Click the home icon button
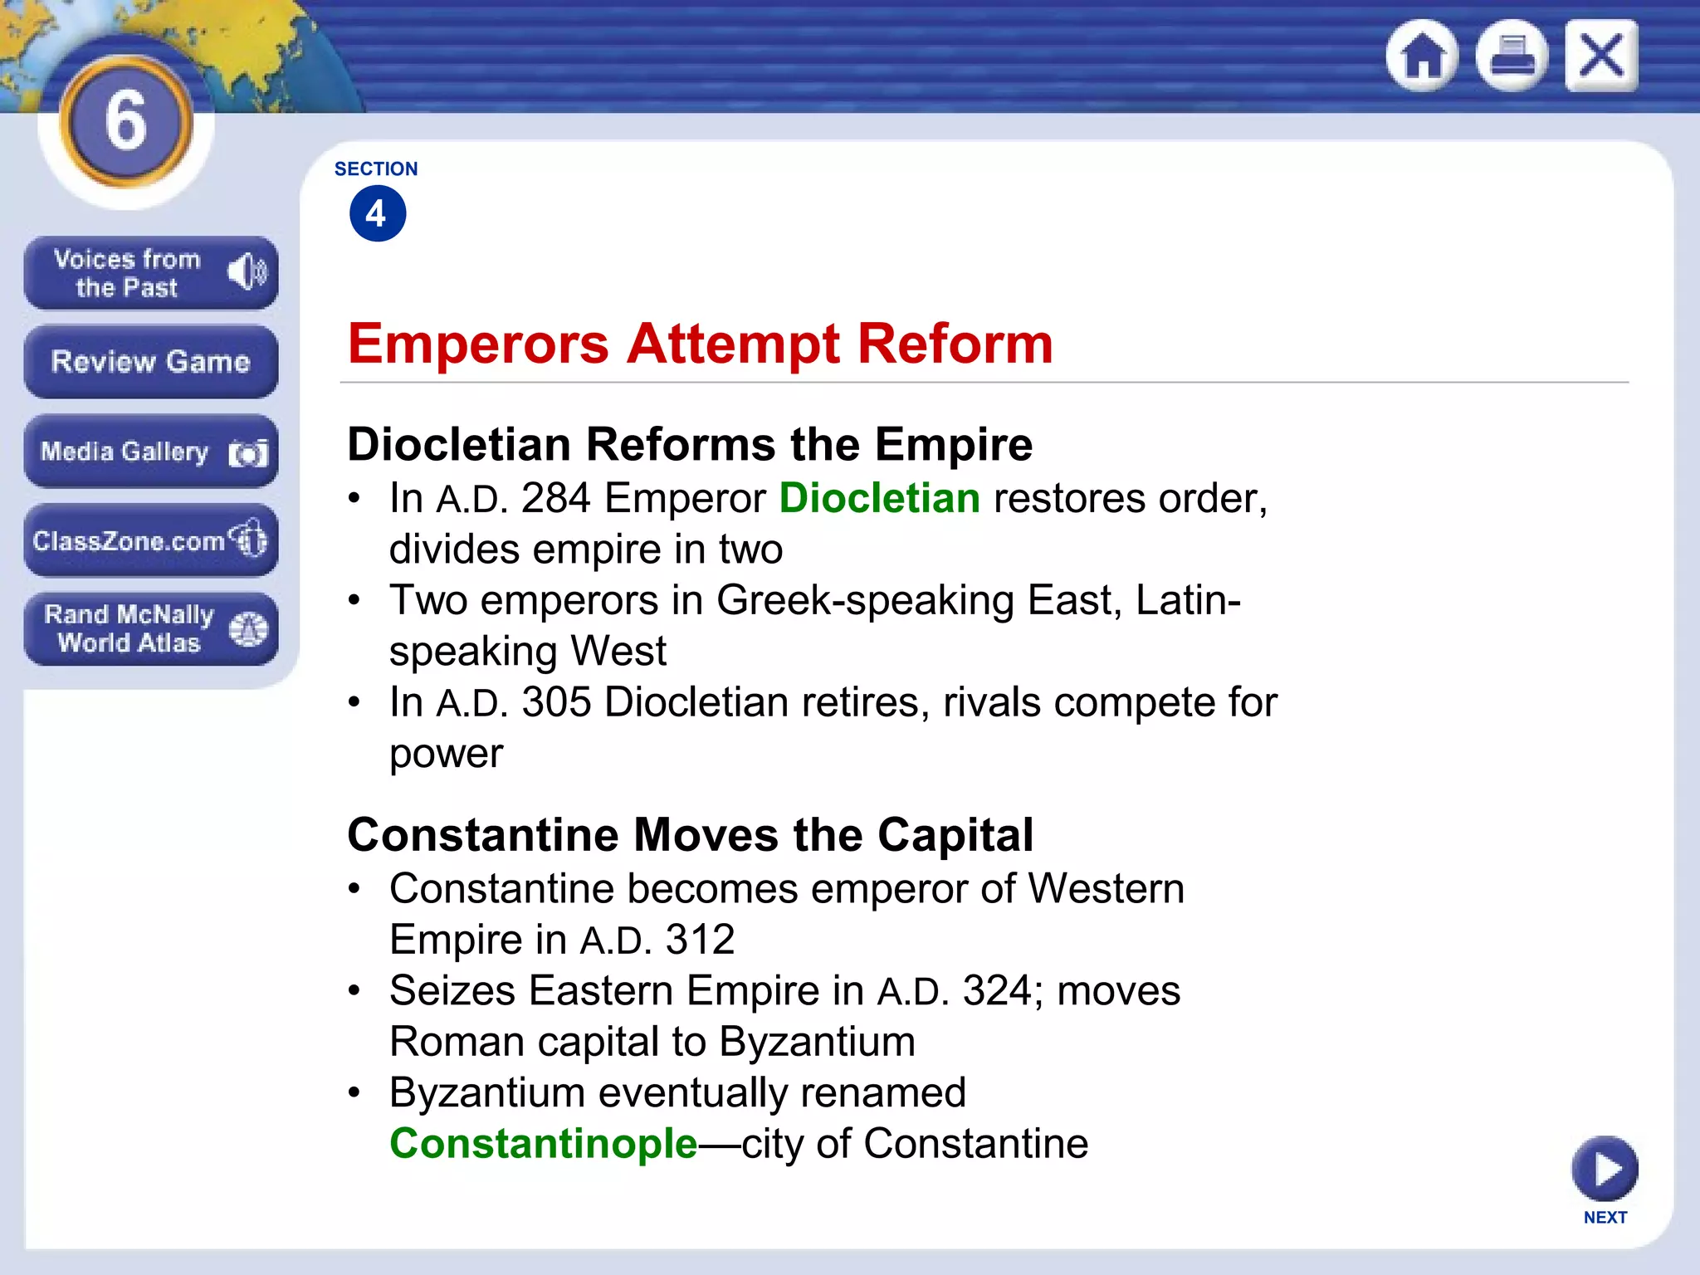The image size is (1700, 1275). point(1423,56)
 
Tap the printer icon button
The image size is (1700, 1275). point(1512,56)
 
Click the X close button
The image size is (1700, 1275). point(1601,56)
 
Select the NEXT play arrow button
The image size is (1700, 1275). point(1605,1170)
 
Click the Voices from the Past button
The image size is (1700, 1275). point(150,273)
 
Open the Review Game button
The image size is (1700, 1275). point(150,362)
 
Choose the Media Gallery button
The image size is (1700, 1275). point(150,452)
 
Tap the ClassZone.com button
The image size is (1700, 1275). point(150,540)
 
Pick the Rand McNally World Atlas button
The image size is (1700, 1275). point(150,628)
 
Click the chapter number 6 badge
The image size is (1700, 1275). point(126,121)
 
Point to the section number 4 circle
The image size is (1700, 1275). point(378,214)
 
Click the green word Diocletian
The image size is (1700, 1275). point(879,499)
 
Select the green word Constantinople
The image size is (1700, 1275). point(544,1144)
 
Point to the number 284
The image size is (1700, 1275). point(555,499)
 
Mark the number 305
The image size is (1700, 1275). point(555,703)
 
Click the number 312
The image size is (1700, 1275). point(700,940)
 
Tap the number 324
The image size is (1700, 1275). point(996,991)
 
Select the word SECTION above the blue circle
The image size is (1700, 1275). point(376,169)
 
